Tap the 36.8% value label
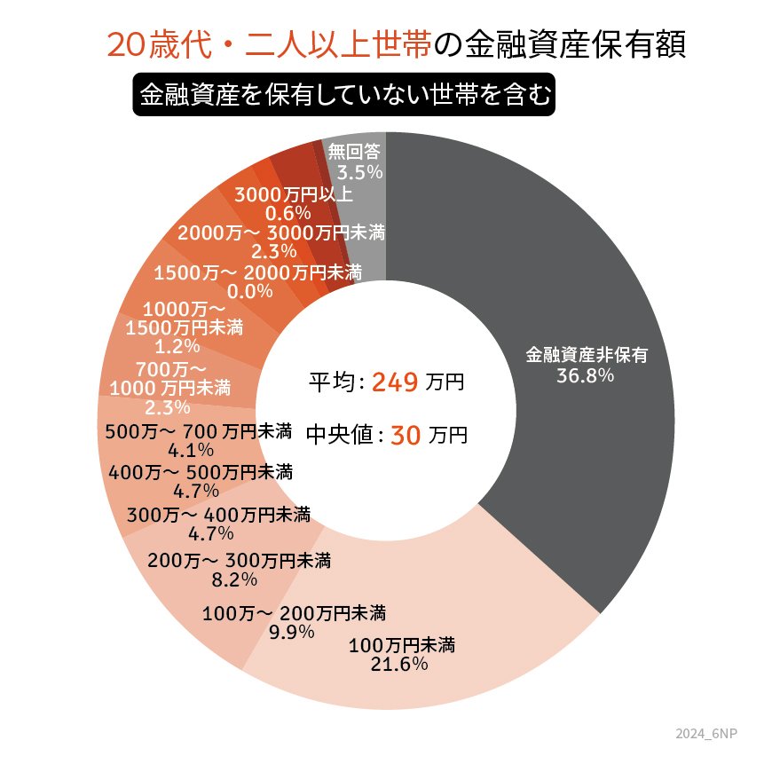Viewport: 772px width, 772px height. (x=586, y=375)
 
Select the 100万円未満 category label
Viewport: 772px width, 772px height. (x=403, y=643)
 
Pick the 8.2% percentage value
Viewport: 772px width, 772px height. (x=235, y=579)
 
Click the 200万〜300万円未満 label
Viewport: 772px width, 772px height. (x=239, y=560)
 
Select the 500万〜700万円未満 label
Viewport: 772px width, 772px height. (x=198, y=432)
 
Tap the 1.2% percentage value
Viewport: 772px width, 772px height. (x=174, y=346)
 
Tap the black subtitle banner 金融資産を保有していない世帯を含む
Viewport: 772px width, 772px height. (x=343, y=94)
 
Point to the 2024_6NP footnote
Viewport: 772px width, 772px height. (x=705, y=734)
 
